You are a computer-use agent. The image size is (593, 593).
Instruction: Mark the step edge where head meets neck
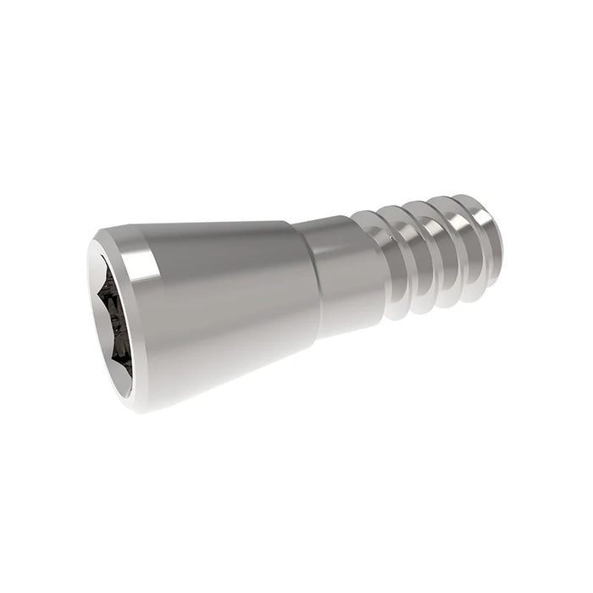pyautogui.click(x=315, y=280)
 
